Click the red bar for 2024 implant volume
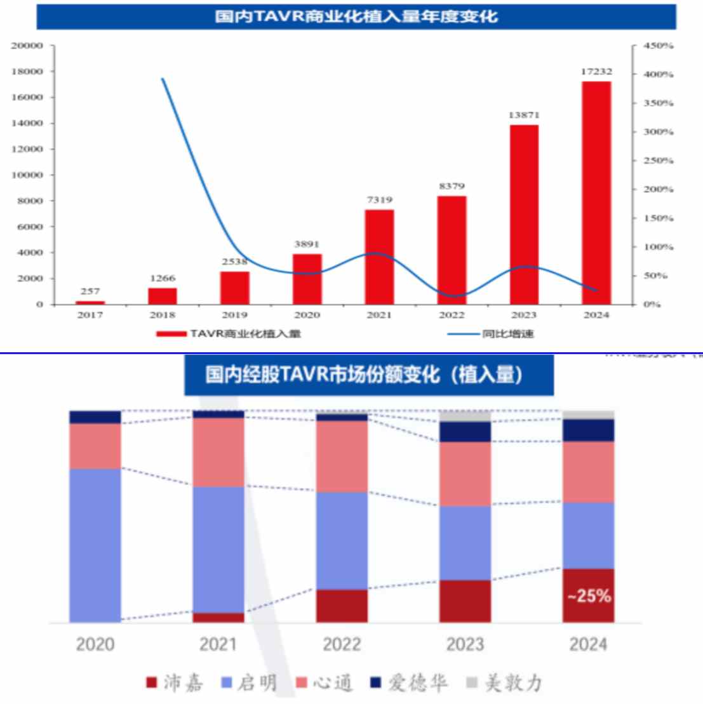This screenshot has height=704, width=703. (x=596, y=193)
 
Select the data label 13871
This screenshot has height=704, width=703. (x=524, y=115)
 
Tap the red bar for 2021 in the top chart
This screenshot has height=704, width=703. (x=379, y=256)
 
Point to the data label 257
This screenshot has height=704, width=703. (x=90, y=291)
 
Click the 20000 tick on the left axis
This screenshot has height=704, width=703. (x=27, y=46)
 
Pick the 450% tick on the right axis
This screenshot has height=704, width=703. (x=659, y=46)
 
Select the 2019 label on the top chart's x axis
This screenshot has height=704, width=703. (x=234, y=315)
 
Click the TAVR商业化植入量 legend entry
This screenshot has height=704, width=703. (x=229, y=334)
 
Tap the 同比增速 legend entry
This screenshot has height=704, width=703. (x=490, y=334)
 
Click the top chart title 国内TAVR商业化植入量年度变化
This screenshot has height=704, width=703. (x=356, y=16)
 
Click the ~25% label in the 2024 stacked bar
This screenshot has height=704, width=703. (x=589, y=596)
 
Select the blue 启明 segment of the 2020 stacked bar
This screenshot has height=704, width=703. (x=95, y=545)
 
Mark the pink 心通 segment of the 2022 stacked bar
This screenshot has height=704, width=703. (x=342, y=456)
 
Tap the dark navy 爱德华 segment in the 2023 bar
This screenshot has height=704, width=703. (x=465, y=432)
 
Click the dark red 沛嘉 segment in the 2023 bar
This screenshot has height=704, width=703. (x=465, y=601)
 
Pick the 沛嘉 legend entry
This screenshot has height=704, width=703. (x=175, y=683)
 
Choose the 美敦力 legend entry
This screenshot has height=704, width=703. (x=505, y=683)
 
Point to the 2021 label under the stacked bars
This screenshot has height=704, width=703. (x=218, y=644)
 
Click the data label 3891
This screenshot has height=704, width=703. (x=307, y=244)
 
